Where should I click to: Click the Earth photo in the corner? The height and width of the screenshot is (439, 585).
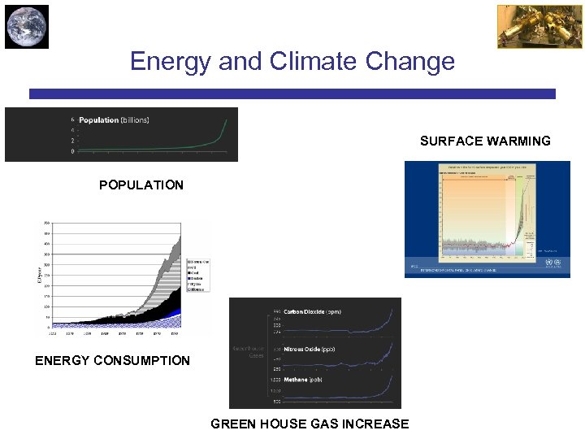click(x=27, y=27)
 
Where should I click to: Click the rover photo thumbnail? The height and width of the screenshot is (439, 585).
click(x=528, y=27)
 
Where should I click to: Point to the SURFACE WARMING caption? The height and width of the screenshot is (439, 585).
click(x=485, y=141)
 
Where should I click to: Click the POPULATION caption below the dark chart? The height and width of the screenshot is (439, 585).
click(x=141, y=185)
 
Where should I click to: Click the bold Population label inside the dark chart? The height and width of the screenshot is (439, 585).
click(x=98, y=120)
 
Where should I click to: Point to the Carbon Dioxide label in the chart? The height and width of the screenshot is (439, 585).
click(x=304, y=311)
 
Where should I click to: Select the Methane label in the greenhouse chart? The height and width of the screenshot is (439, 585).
click(x=296, y=380)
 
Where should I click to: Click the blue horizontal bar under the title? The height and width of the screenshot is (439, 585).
click(x=292, y=94)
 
